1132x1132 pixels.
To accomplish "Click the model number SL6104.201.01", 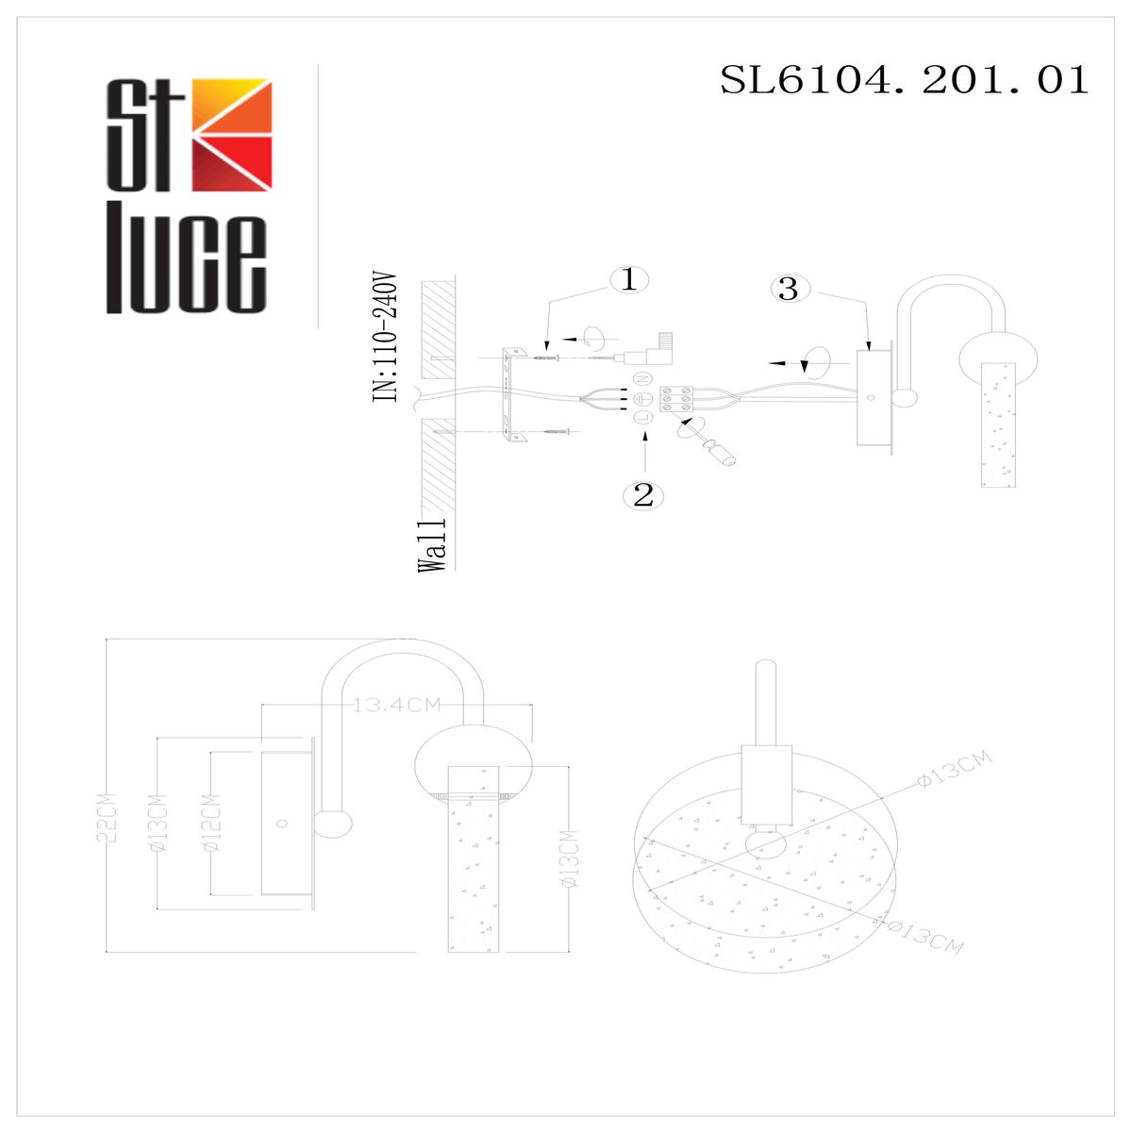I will (x=904, y=80).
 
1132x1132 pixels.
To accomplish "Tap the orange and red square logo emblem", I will (x=232, y=136).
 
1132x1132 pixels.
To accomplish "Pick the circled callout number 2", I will (x=643, y=494).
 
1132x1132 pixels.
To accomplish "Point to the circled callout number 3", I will (x=789, y=289).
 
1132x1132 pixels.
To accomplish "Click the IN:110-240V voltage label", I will (x=386, y=340).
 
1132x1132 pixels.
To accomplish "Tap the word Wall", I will (x=432, y=545).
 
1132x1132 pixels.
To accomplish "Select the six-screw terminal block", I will (x=677, y=400).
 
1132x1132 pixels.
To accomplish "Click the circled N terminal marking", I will (x=646, y=379).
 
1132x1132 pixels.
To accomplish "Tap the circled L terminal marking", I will (x=644, y=417).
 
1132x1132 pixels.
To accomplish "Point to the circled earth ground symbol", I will (x=645, y=398).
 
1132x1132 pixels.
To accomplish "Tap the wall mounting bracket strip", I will (x=511, y=396).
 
